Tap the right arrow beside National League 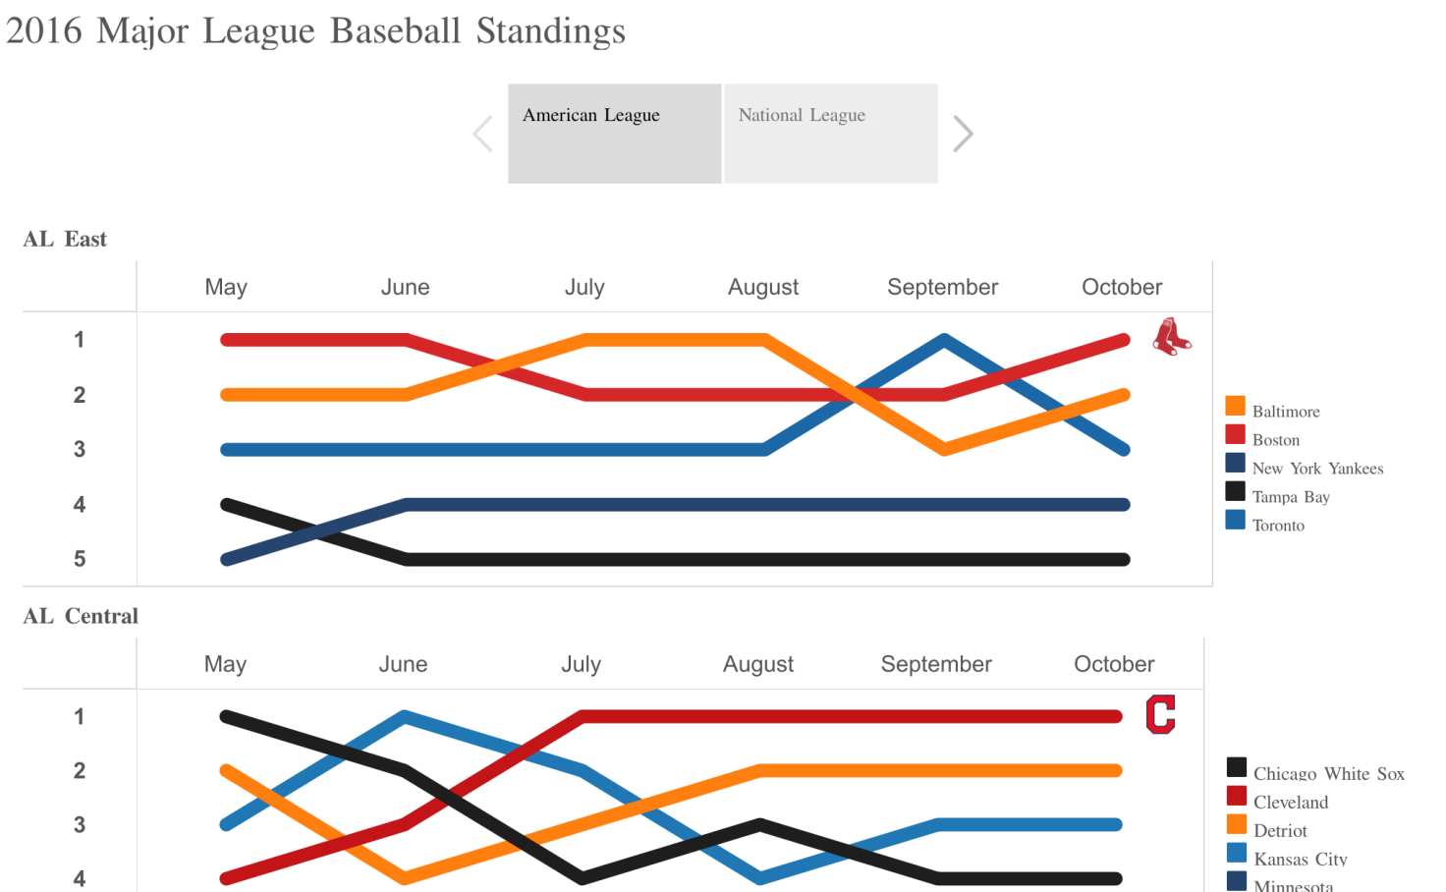[x=963, y=134]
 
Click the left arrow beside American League [x=482, y=134]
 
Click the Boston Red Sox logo [x=1171, y=337]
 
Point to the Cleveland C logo [x=1160, y=714]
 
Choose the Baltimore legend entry [x=1285, y=411]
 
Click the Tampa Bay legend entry [x=1290, y=496]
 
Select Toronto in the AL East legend [x=1277, y=525]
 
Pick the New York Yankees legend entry [x=1316, y=468]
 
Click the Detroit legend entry [x=1280, y=830]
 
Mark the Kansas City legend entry [x=1300, y=859]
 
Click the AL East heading [x=65, y=239]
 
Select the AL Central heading [x=81, y=616]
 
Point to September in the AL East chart [x=942, y=287]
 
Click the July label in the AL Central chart [x=581, y=664]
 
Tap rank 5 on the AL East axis [x=80, y=559]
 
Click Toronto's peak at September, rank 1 [x=943, y=340]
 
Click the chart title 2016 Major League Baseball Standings [x=315, y=30]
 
